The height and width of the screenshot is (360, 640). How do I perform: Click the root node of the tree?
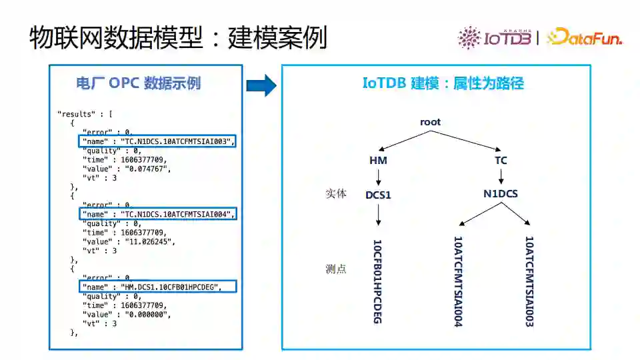tap(430, 122)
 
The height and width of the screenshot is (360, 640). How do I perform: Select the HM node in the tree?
tap(378, 161)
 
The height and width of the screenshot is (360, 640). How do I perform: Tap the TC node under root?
tap(501, 161)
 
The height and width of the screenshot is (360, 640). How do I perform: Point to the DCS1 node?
tap(378, 195)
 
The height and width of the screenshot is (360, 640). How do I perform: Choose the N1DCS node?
tap(501, 194)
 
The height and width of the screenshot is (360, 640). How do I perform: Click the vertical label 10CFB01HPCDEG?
tap(377, 281)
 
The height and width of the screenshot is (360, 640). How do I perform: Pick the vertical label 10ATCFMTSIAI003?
tap(529, 281)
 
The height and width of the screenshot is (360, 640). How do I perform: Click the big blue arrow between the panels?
tap(261, 85)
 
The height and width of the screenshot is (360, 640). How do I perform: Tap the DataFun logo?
tap(585, 37)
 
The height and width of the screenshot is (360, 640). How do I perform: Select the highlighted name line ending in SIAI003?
tap(157, 141)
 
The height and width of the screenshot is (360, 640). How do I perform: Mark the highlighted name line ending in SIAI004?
tap(157, 214)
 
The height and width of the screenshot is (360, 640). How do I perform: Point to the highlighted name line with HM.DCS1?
tap(157, 287)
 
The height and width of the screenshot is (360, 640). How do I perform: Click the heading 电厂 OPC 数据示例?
tap(139, 83)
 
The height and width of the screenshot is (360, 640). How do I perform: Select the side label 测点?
tap(336, 269)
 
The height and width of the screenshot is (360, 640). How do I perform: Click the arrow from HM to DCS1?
tap(378, 177)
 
